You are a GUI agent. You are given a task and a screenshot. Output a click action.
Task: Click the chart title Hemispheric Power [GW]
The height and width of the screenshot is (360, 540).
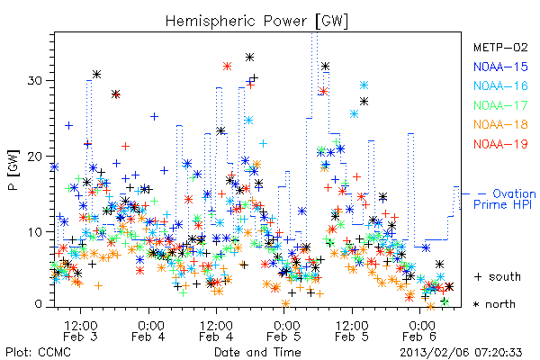click(x=256, y=21)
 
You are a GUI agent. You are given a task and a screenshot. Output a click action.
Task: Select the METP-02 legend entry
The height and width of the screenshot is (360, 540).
click(x=500, y=47)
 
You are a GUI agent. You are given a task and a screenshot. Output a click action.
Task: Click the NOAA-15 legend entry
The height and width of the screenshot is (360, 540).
click(x=500, y=67)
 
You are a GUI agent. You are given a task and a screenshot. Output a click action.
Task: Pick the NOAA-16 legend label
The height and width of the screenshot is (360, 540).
click(x=500, y=85)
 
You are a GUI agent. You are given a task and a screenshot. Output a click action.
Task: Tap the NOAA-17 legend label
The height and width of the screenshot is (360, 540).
click(x=500, y=105)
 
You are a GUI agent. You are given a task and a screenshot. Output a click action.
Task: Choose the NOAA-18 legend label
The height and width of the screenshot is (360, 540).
click(x=500, y=124)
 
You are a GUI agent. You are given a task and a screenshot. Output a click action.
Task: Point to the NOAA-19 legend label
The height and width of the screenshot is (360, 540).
click(x=500, y=144)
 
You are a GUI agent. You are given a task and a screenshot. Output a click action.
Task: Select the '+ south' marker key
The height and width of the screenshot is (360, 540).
click(x=498, y=276)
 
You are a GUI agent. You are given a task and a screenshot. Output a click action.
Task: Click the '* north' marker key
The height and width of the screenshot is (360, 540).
click(x=494, y=304)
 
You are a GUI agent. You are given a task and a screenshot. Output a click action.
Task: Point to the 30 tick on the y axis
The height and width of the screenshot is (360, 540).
click(x=34, y=81)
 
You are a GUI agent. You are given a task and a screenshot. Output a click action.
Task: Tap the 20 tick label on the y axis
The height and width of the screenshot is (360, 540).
click(x=34, y=157)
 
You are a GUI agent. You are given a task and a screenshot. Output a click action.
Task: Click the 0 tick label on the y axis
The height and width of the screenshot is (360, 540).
click(x=38, y=304)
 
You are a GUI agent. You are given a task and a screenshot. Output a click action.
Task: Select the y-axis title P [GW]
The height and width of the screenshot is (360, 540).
click(x=13, y=170)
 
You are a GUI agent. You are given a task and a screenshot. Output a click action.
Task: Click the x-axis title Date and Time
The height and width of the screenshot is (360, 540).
click(x=257, y=352)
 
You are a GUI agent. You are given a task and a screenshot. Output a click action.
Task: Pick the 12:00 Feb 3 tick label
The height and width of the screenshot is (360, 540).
click(x=81, y=330)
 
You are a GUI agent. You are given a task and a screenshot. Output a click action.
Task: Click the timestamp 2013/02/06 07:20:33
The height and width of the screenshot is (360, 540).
click(x=461, y=353)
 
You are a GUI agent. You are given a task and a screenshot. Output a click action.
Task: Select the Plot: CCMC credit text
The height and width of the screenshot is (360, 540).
click(x=38, y=352)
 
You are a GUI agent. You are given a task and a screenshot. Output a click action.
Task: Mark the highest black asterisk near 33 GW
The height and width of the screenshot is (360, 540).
click(x=249, y=58)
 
